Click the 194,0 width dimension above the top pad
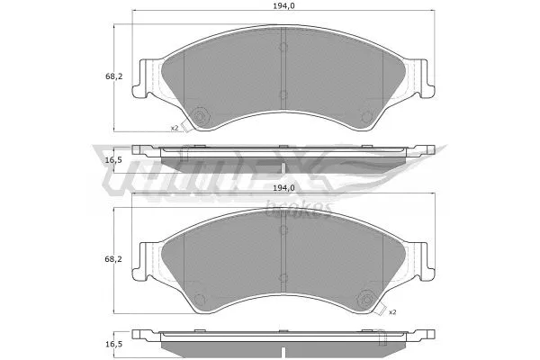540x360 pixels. pyautogui.click(x=283, y=7)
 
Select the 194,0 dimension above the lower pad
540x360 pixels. pyautogui.click(x=283, y=188)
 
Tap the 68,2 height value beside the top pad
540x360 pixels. pyautogui.click(x=90, y=76)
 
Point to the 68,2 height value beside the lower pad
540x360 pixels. pyautogui.click(x=90, y=259)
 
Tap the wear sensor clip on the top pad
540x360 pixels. pyautogui.click(x=199, y=116)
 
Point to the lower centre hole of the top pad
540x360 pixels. pyautogui.click(x=283, y=94)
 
